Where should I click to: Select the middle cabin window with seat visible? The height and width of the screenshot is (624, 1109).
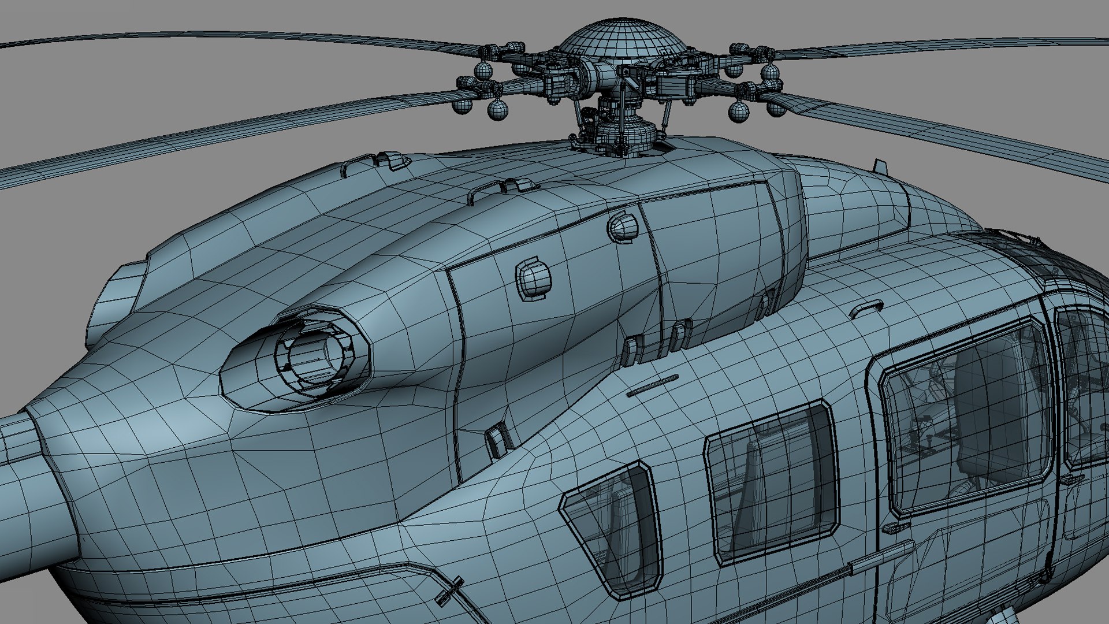tap(771, 482)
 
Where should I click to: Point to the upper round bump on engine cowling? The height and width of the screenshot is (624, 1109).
tap(623, 226)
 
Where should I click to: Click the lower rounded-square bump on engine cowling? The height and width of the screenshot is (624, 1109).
tap(533, 279)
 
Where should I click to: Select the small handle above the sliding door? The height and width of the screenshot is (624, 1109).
tap(866, 308)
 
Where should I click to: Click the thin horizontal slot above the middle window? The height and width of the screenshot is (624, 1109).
tap(653, 385)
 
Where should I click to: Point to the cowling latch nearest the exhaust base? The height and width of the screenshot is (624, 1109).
tap(497, 439)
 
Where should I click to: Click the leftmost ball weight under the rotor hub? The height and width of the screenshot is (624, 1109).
tap(462, 106)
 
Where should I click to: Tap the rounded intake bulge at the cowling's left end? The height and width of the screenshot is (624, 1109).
tap(118, 295)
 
